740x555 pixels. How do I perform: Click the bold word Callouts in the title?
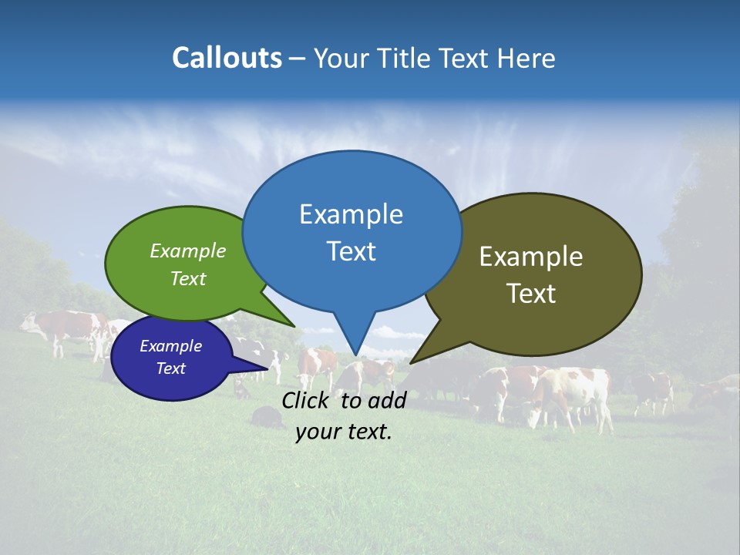(227, 58)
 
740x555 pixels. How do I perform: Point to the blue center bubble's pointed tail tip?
(355, 354)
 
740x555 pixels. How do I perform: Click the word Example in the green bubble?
(188, 251)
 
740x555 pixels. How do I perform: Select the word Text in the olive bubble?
(531, 294)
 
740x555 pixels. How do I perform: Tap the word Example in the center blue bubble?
(351, 214)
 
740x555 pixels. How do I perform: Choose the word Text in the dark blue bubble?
(171, 368)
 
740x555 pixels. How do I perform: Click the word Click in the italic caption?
(306, 400)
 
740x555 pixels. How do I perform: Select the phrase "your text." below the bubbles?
(343, 432)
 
